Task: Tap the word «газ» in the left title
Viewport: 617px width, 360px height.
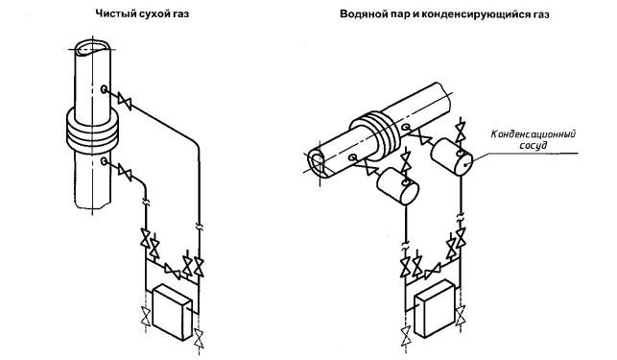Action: (x=180, y=14)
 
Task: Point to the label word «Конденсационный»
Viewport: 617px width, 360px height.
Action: (x=534, y=134)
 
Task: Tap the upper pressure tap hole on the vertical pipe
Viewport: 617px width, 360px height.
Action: (x=105, y=89)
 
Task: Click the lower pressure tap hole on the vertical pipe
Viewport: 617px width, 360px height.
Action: (x=105, y=160)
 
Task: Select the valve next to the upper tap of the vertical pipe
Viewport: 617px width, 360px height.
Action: (x=126, y=102)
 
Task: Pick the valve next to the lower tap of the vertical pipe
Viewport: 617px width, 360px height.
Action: (x=125, y=173)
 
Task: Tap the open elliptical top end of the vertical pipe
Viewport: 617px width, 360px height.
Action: (x=93, y=47)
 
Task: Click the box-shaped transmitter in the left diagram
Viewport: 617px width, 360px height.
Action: (x=172, y=312)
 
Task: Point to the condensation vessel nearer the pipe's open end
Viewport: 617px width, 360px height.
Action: (x=397, y=186)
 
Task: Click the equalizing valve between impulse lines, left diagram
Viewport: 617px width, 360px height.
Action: (x=173, y=271)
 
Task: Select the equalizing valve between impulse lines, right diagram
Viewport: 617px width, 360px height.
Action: (x=432, y=272)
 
